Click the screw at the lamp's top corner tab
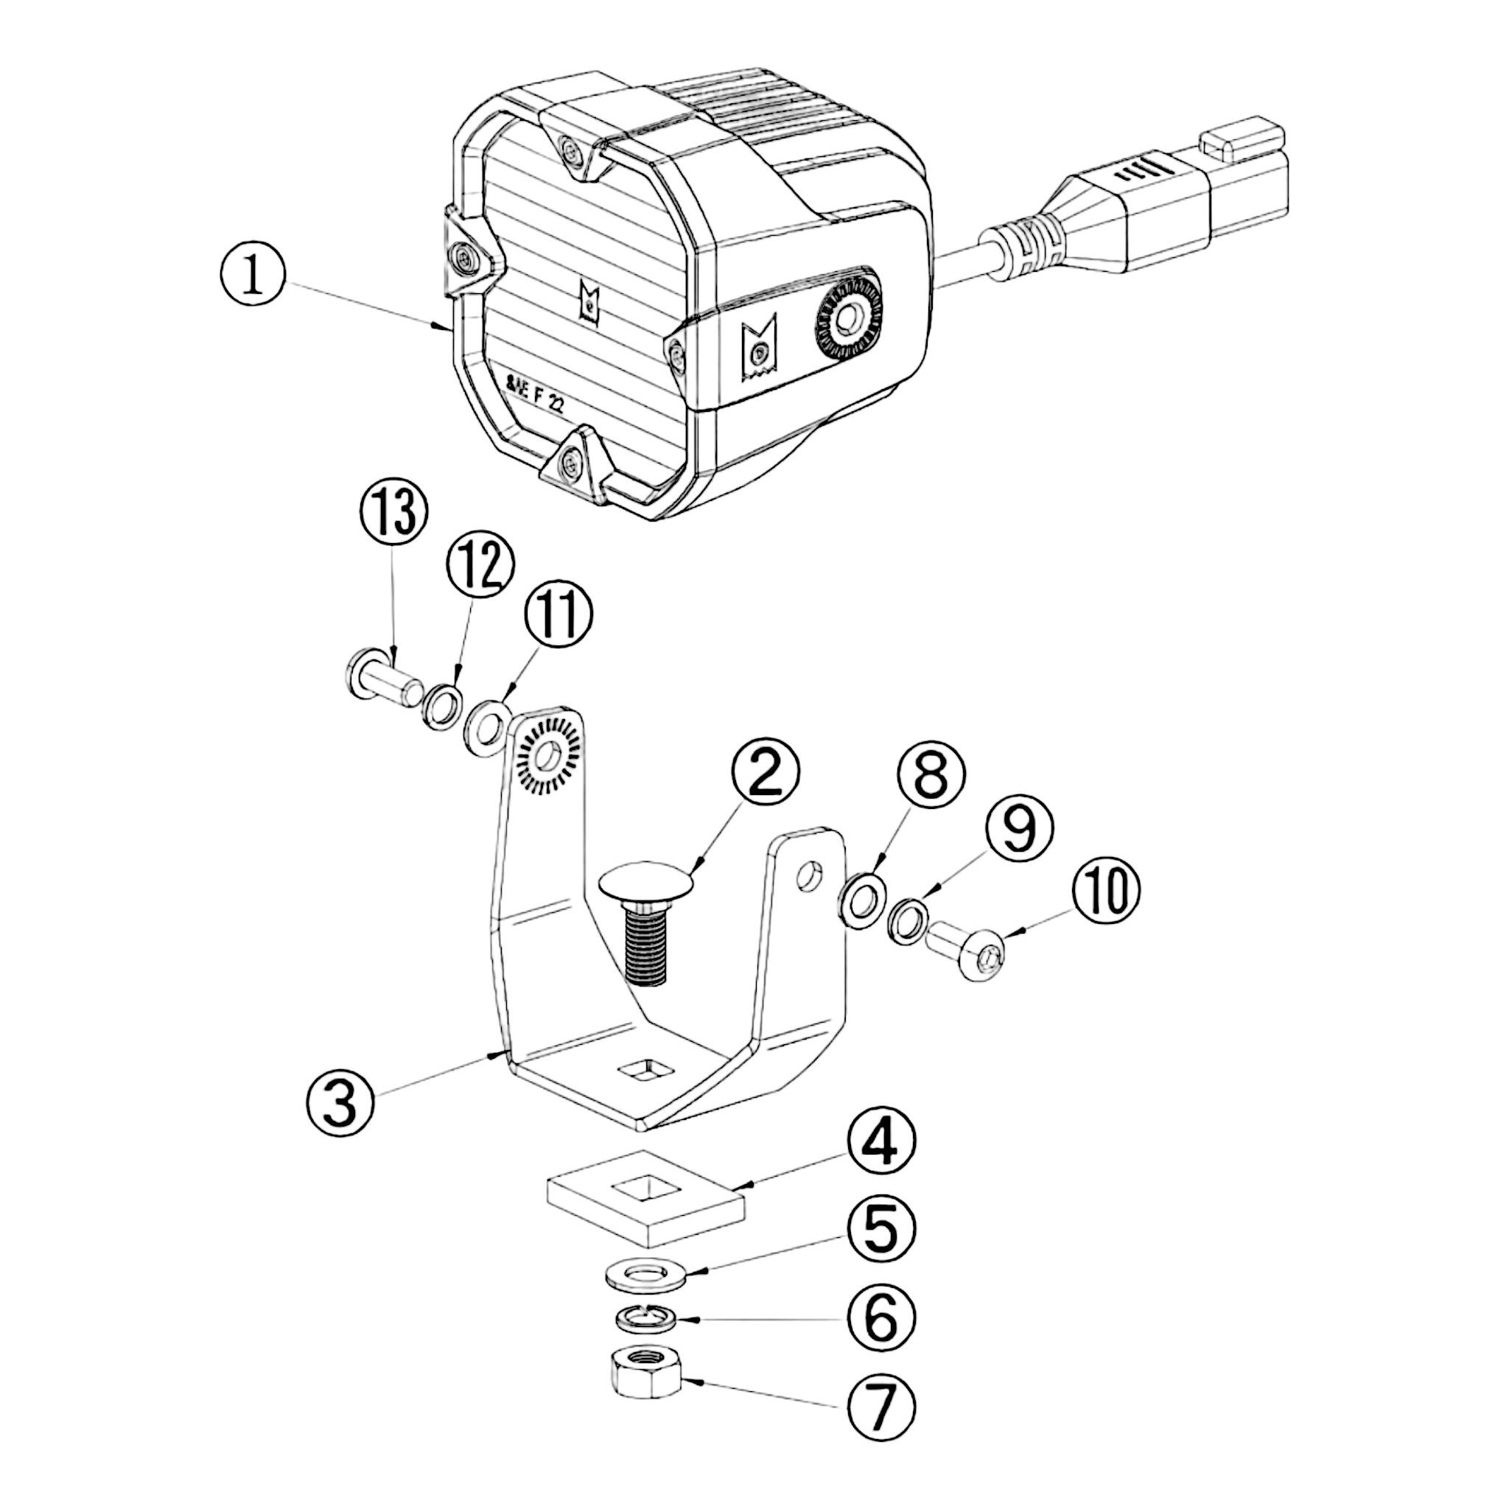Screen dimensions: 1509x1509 point(570,152)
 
